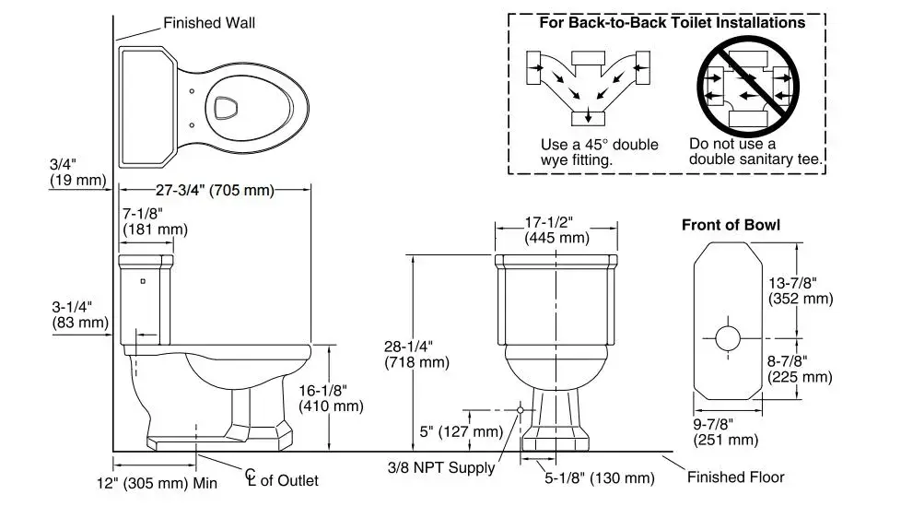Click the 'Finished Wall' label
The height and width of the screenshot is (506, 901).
coord(209,23)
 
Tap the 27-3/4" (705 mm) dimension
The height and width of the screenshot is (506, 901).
coord(216,191)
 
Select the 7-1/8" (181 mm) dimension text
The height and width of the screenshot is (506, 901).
coord(154,221)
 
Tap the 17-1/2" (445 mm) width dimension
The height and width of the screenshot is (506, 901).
coord(556,229)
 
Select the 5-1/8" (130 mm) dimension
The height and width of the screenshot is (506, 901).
coord(598,478)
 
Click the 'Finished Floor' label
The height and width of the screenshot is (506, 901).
coord(736,477)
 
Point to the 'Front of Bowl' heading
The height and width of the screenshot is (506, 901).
coord(731,225)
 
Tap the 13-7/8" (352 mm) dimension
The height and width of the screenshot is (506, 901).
coord(800,289)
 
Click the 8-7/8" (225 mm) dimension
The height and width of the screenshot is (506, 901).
coord(800,369)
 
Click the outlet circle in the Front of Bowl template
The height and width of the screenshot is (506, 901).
coord(727,337)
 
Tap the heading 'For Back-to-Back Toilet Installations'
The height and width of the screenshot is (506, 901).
coord(673,22)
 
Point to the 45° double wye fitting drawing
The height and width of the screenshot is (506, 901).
coord(586,88)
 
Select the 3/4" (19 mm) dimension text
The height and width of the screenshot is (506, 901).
coord(77,172)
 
